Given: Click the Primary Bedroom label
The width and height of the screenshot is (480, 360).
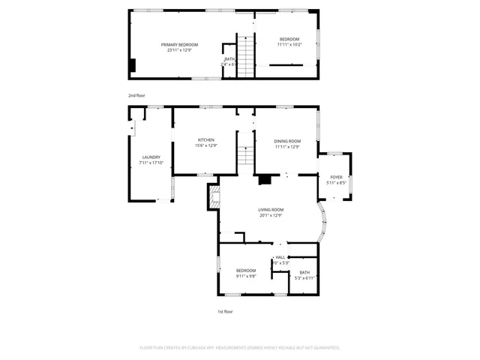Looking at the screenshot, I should click(178, 45).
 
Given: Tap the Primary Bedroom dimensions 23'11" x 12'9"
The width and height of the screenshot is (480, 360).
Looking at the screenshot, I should click(178, 50).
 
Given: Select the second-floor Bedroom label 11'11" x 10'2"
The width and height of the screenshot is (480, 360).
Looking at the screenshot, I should click(289, 39).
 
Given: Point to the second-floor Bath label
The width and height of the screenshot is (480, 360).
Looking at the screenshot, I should click(229, 60).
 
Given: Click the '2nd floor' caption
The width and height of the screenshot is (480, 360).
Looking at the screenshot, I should click(136, 96).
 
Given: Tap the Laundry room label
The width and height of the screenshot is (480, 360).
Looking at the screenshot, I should click(151, 157).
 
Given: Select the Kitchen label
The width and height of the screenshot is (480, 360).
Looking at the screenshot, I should click(206, 140).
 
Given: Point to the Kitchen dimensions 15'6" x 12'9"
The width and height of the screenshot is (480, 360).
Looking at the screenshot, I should click(206, 145).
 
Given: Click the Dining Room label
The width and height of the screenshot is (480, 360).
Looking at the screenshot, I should click(287, 142).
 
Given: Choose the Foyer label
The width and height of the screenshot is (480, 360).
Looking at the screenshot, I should click(337, 177).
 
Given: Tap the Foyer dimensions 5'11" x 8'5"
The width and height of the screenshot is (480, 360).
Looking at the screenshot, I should click(337, 182).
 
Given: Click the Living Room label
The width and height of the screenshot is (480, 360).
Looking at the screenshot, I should click(271, 210).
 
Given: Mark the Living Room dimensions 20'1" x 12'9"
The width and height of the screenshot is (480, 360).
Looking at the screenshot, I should click(271, 215).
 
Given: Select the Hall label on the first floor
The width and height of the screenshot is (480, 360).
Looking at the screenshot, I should click(280, 257).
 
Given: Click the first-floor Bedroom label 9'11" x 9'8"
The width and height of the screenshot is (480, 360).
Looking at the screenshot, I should click(246, 270).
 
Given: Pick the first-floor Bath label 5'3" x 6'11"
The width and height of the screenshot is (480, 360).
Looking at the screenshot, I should click(304, 272).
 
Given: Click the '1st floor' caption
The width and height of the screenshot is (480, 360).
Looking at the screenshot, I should click(226, 310).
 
